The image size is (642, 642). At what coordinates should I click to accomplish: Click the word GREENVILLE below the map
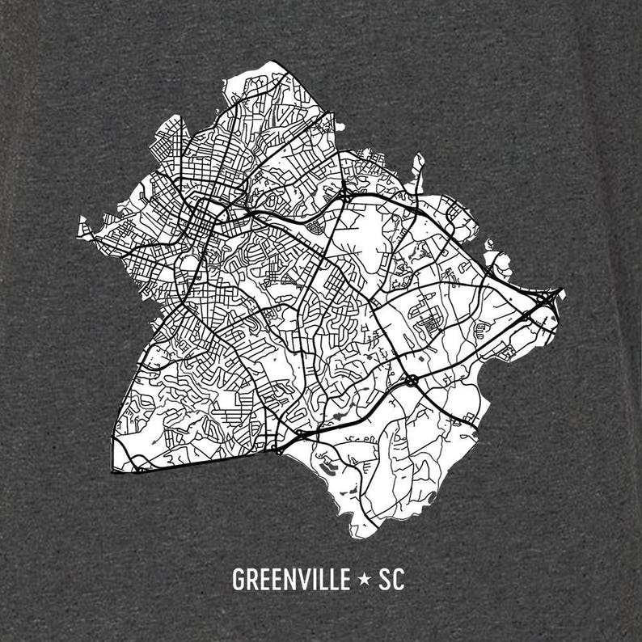[289, 580]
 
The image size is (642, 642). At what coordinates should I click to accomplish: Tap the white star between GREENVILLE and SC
[365, 580]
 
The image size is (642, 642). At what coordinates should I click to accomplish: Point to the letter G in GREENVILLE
[238, 580]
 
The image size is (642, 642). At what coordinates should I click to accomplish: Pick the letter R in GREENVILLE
[251, 580]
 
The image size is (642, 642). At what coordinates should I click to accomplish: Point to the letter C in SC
[399, 580]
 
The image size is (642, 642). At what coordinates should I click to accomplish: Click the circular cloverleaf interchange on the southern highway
[412, 378]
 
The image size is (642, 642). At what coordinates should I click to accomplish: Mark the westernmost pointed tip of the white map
[80, 230]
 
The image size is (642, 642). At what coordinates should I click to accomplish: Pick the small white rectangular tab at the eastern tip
[559, 292]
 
